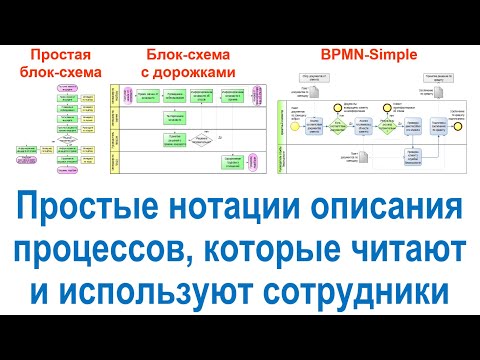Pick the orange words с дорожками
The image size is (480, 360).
point(190,73)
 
